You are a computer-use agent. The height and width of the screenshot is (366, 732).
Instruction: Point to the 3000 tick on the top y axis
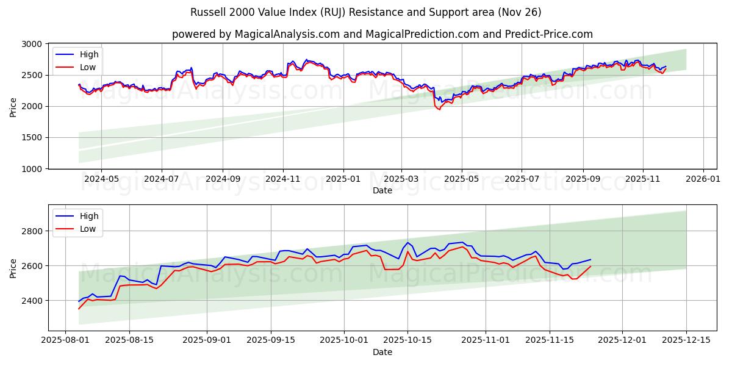pos(32,45)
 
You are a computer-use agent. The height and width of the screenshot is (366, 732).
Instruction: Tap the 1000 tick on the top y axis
pos(32,169)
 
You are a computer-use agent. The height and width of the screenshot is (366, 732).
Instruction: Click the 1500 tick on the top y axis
pos(32,138)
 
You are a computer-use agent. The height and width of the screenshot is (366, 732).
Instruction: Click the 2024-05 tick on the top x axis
pos(101,179)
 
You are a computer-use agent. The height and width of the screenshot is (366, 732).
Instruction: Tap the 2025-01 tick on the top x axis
pos(343,179)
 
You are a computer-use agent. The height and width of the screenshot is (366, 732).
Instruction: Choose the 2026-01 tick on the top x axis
pos(703,179)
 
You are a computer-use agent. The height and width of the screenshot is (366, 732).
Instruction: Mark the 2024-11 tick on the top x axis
pos(282,179)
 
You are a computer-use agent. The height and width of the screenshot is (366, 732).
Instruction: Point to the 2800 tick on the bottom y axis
pos(32,231)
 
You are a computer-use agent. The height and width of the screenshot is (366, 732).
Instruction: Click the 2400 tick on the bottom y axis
pos(32,301)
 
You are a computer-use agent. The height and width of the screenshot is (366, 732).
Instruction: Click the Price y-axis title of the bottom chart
pos(13,268)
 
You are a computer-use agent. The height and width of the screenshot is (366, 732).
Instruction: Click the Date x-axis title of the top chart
pos(382,190)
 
